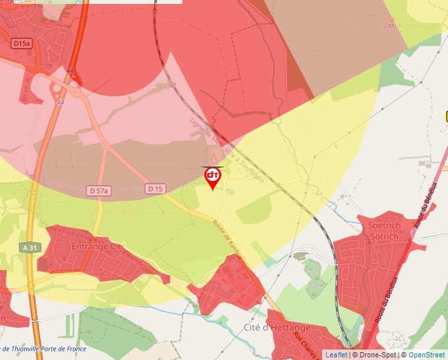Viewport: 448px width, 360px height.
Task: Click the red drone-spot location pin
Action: pyautogui.click(x=213, y=177)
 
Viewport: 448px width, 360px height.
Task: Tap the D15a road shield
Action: pyautogui.click(x=22, y=43)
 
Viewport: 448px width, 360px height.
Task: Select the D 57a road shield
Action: pyautogui.click(x=99, y=190)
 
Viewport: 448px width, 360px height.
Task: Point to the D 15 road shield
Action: pyautogui.click(x=155, y=189)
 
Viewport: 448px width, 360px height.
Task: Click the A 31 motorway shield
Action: pyautogui.click(x=29, y=247)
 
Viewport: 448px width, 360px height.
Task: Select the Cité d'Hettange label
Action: pyautogui.click(x=277, y=327)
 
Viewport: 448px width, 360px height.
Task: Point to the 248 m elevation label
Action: pyautogui.click(x=393, y=26)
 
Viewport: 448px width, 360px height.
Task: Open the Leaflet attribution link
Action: pyautogui.click(x=336, y=355)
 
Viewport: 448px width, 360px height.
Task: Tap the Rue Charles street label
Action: pyautogui.click(x=308, y=344)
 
